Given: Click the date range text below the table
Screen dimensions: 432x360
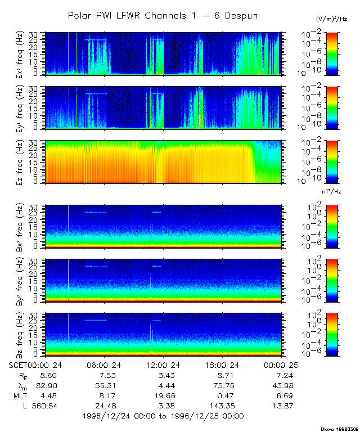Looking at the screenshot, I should coord(163,416).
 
